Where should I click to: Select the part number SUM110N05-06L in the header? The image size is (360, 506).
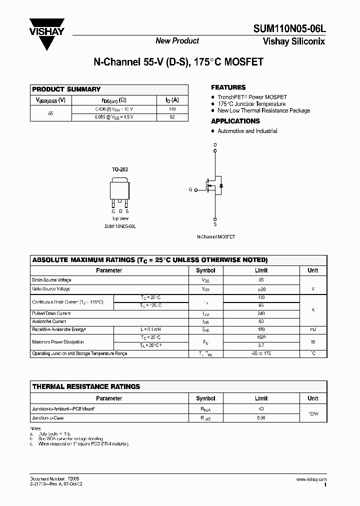(291, 30)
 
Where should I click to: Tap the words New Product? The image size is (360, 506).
(177, 41)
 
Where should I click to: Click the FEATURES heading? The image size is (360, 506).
(228, 87)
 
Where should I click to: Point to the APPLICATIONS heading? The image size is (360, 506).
(235, 121)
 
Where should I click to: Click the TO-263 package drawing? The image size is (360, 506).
(119, 192)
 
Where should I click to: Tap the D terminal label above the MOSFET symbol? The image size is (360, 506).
(215, 145)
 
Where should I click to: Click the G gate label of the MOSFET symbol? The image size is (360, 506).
(190, 189)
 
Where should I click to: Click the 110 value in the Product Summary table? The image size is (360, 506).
(172, 109)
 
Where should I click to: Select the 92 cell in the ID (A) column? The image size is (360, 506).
(172, 117)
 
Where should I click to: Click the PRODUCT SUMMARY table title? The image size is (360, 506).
(66, 89)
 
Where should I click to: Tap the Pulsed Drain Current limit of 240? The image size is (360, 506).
(261, 313)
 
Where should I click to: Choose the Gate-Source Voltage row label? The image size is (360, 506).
(51, 289)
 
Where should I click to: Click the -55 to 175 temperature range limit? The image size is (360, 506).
(261, 353)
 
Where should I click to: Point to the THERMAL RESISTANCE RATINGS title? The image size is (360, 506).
(86, 386)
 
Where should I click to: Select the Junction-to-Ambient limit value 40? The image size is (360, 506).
(261, 409)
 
